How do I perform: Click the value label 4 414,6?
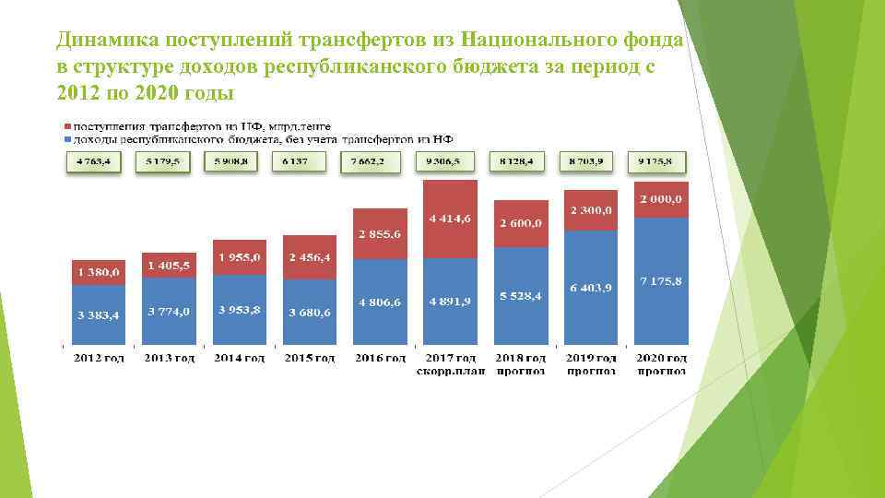pyautogui.click(x=451, y=219)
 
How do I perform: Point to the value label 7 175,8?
pyautogui.click(x=659, y=280)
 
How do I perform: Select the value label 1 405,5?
pyautogui.click(x=168, y=266)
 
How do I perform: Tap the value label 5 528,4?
pyautogui.click(x=520, y=297)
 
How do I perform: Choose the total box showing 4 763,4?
pyautogui.click(x=92, y=161)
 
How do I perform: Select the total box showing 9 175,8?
pyautogui.click(x=657, y=161)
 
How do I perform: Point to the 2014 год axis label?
pyautogui.click(x=240, y=358)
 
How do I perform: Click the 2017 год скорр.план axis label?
pyautogui.click(x=451, y=364)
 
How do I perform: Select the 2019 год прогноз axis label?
pyautogui.click(x=591, y=364)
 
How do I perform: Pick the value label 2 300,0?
pyautogui.click(x=590, y=210)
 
